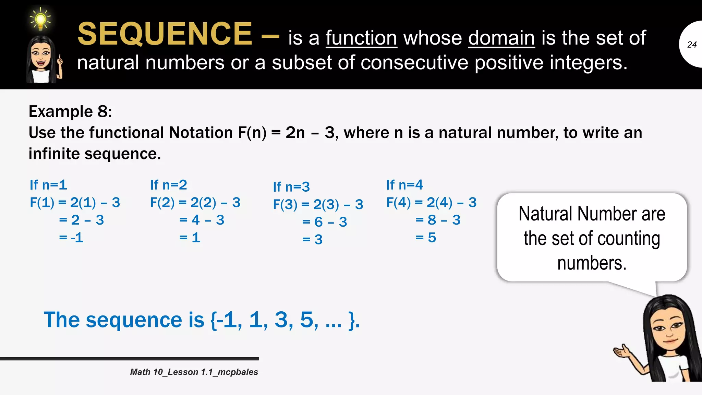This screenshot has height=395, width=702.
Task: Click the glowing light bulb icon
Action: [x=40, y=19]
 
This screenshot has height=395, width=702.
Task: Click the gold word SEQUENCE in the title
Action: [x=165, y=34]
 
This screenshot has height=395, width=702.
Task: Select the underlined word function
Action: [x=361, y=38]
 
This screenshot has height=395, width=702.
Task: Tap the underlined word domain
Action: [x=501, y=38]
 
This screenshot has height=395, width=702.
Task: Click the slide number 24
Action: [x=692, y=45]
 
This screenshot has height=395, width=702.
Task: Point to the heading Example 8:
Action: [x=70, y=111]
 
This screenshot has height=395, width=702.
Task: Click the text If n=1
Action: [x=48, y=185]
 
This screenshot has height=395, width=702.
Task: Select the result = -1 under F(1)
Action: [x=71, y=237]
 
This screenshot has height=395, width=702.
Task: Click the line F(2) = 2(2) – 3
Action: [x=195, y=202]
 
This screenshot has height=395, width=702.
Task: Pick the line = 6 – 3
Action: [x=325, y=222]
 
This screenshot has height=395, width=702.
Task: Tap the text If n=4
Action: [x=404, y=185]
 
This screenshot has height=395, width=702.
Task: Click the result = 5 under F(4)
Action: [x=426, y=237]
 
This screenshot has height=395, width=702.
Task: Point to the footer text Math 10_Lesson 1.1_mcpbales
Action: [x=194, y=372]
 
